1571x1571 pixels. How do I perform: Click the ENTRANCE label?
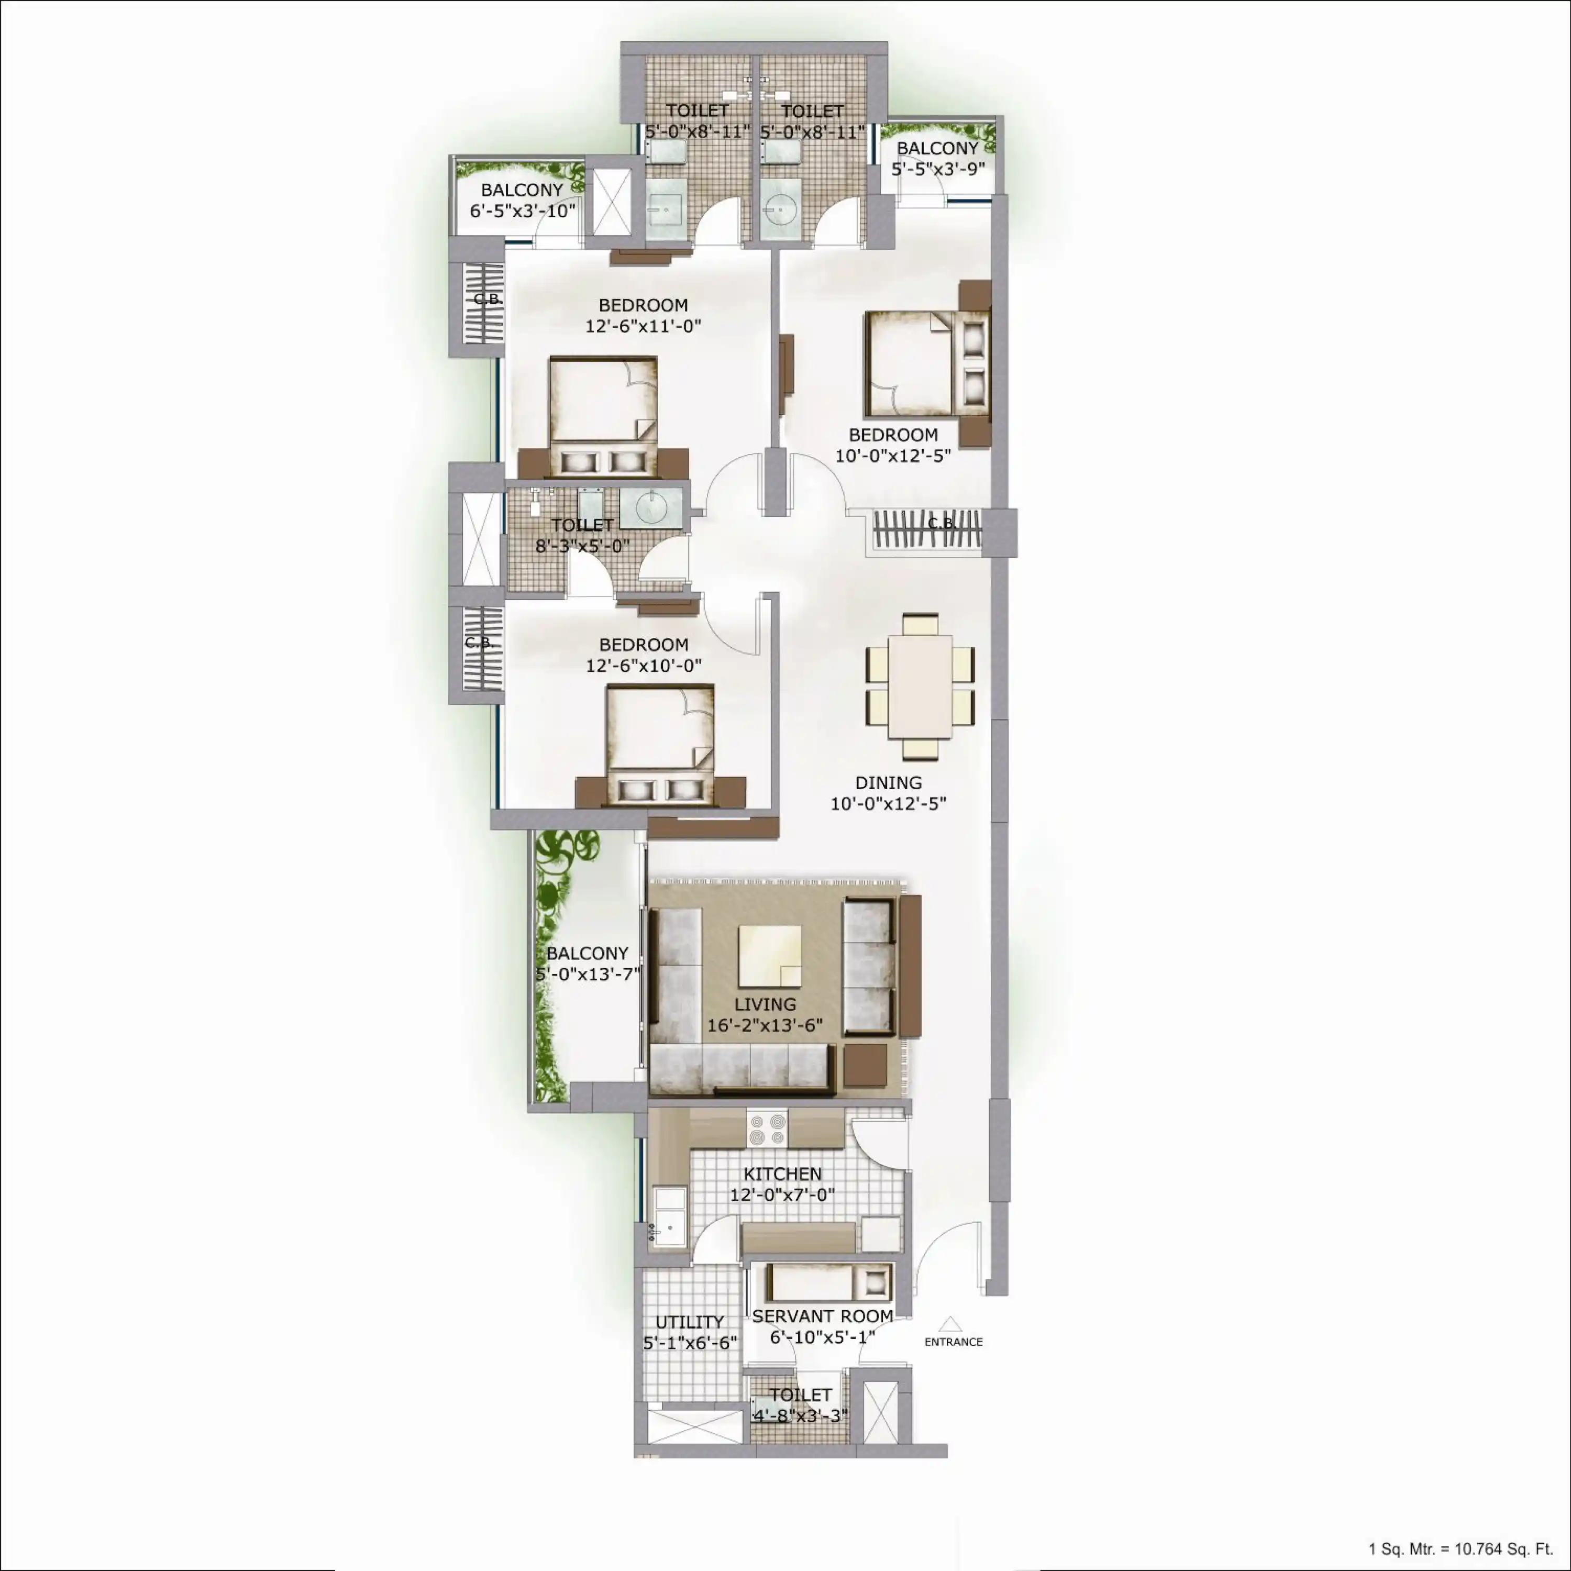tap(953, 1342)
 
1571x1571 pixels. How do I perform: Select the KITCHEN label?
tap(782, 1174)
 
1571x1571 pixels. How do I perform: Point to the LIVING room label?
tap(765, 1005)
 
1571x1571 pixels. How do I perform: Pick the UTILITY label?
tap(690, 1322)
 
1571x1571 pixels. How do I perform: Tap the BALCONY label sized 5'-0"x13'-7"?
tap(587, 954)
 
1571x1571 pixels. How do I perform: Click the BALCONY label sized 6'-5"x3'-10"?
tap(522, 190)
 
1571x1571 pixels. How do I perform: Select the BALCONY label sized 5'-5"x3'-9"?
tap(937, 149)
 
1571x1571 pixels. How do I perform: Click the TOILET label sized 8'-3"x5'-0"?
tap(582, 525)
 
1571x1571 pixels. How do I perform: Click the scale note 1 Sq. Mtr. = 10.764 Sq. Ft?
tap(1461, 1549)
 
